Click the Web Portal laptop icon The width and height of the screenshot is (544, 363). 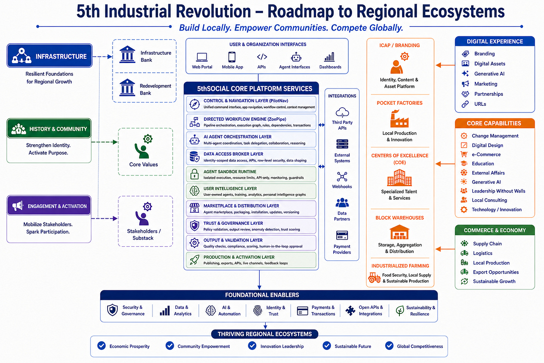(202, 57)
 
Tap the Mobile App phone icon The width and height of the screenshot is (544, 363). (232, 57)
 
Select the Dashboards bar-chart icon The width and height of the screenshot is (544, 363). (330, 57)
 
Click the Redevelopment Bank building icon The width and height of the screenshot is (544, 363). (127, 87)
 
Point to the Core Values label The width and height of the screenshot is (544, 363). (143, 164)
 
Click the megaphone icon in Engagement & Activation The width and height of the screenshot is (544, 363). (18, 206)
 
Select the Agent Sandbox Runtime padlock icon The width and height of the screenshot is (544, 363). (194, 174)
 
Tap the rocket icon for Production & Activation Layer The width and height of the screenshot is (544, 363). (194, 260)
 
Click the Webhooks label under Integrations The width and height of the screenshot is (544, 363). (342, 187)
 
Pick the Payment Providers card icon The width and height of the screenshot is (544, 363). (342, 235)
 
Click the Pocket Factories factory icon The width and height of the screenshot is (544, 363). (399, 119)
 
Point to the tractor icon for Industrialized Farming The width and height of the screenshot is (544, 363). (374, 277)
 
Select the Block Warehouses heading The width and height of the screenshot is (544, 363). (399, 218)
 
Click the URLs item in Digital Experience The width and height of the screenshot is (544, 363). (480, 104)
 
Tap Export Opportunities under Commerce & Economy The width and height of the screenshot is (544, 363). (496, 272)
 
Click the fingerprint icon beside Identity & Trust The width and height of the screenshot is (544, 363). (258, 311)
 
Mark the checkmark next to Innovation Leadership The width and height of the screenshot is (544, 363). (252, 346)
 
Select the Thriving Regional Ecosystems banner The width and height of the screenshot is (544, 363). (265, 334)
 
